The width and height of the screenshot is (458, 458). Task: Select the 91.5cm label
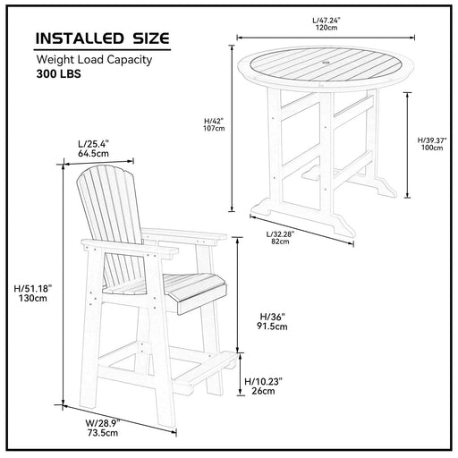click(272, 327)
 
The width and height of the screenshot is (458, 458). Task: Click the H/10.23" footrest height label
click(263, 380)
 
